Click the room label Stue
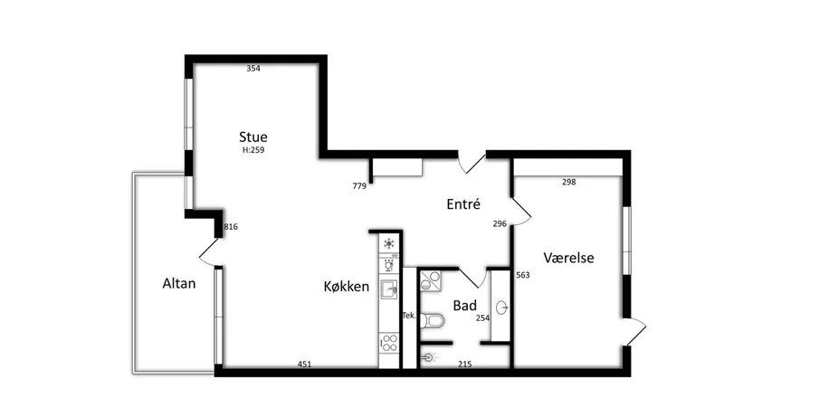click(253, 137)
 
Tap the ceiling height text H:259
click(253, 150)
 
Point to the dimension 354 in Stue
click(253, 69)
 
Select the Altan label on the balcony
click(179, 283)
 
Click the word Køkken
click(347, 286)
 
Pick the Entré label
click(463, 204)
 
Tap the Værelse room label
click(569, 258)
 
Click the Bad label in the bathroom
click(465, 306)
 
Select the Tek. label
click(409, 316)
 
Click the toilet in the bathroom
click(433, 320)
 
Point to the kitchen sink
click(389, 288)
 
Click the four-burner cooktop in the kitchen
click(390, 343)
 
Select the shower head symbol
click(430, 357)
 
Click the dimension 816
click(231, 227)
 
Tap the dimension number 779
click(359, 185)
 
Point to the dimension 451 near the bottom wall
click(304, 364)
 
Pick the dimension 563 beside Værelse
click(523, 275)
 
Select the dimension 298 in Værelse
click(569, 182)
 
